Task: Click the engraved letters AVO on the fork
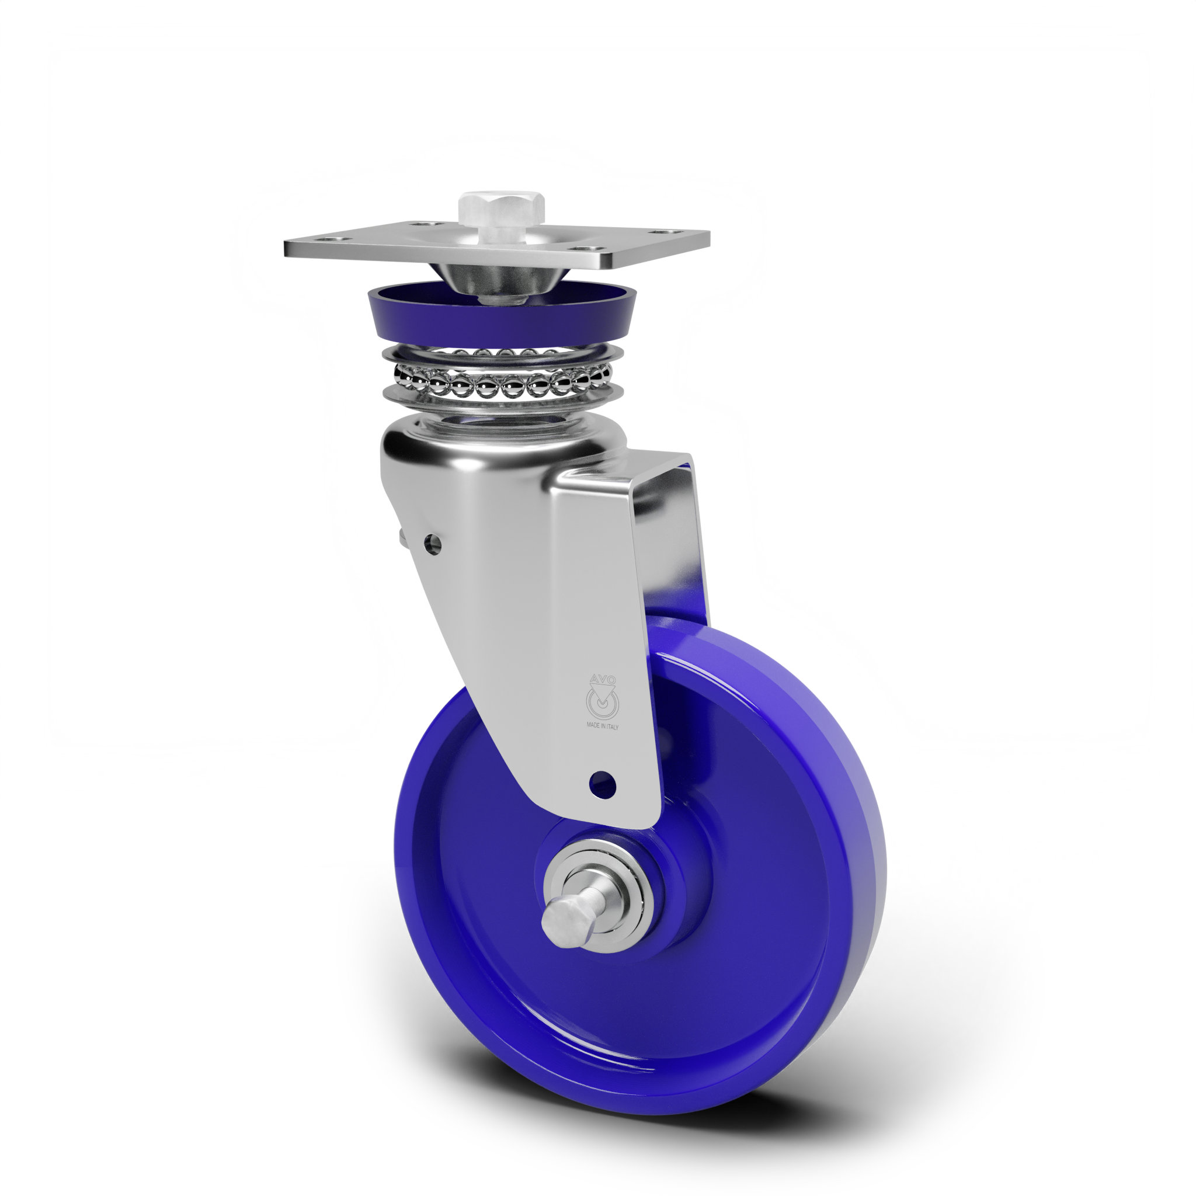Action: [602, 679]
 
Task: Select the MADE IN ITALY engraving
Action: [602, 726]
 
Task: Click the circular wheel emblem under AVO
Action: [602, 702]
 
